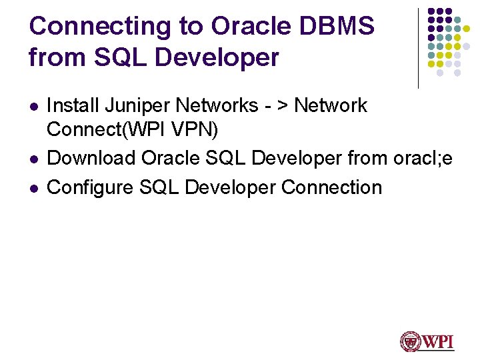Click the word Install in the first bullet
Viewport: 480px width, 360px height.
tap(69, 105)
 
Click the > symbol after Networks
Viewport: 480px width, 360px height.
tap(284, 105)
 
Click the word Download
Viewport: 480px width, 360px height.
tap(91, 159)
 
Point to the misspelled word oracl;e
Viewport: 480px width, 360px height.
tap(423, 159)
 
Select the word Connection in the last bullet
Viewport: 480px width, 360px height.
tap(331, 187)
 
